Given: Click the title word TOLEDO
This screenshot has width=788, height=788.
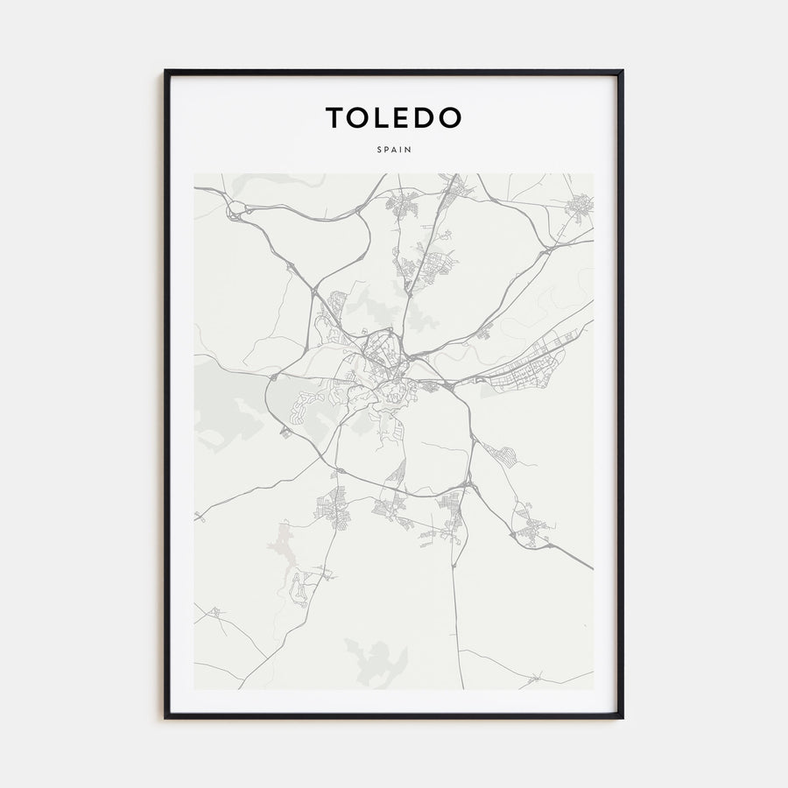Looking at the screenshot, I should click(394, 117).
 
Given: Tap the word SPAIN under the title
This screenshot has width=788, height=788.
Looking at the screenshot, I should click(394, 150).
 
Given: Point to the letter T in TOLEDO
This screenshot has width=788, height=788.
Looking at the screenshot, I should click(335, 117).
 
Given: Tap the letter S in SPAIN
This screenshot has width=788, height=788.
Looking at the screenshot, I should click(379, 150).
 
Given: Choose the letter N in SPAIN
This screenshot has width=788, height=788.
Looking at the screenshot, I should click(409, 150).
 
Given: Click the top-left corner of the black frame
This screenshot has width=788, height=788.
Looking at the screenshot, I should click(165, 71).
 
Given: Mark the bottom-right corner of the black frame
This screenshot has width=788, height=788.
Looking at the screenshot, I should click(623, 718).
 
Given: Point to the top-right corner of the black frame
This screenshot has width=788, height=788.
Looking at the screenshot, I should click(623, 71).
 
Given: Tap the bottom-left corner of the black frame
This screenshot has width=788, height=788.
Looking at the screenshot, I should click(165, 718).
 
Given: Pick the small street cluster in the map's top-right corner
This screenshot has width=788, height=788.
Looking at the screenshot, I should click(580, 207).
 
